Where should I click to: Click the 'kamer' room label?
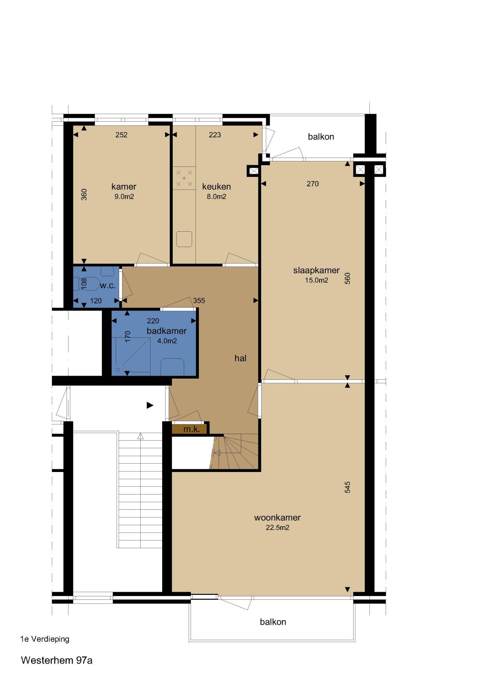[124, 186]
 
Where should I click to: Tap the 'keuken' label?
[216, 186]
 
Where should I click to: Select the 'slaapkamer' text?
[316, 270]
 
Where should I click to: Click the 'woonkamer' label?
[278, 517]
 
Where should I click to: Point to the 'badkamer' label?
[167, 331]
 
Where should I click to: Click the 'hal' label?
[240, 358]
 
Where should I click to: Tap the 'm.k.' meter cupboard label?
[191, 429]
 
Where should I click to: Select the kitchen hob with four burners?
[184, 178]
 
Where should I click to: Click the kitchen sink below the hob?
[184, 239]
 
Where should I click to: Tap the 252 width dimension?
[121, 135]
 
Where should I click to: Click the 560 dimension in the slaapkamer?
[347, 279]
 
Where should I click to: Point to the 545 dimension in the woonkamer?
[347, 487]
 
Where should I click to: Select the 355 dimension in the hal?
[199, 300]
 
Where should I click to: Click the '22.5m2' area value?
[278, 528]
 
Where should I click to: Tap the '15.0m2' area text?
[316, 280]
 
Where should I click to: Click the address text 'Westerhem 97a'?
[57, 660]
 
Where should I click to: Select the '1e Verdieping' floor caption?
[45, 639]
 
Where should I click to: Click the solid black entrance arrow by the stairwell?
[150, 405]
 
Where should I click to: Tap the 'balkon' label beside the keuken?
[321, 136]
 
